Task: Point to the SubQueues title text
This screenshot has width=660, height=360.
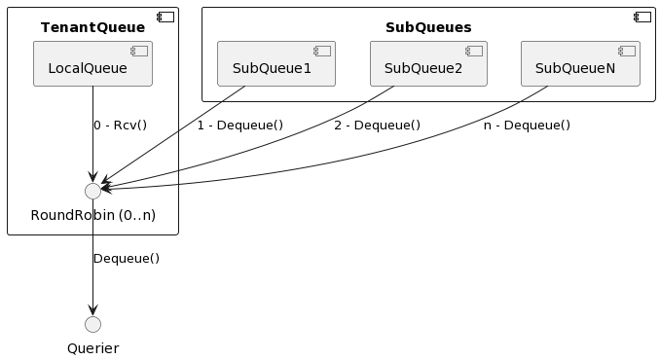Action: pyautogui.click(x=428, y=27)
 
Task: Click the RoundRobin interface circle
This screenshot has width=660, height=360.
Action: pyautogui.click(x=92, y=191)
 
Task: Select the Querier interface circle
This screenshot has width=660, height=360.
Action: pyautogui.click(x=92, y=324)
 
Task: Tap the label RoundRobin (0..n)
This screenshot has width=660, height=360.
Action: pyautogui.click(x=92, y=215)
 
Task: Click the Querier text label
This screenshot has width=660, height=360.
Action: pyautogui.click(x=92, y=348)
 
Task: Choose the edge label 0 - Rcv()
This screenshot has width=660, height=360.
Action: pyautogui.click(x=120, y=126)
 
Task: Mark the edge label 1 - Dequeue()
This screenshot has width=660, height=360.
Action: pyautogui.click(x=239, y=126)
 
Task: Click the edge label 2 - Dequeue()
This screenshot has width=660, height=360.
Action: pyautogui.click(x=377, y=126)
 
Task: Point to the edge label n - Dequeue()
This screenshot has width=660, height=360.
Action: pyautogui.click(x=527, y=126)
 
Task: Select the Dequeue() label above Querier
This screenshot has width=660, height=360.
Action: pyautogui.click(x=127, y=259)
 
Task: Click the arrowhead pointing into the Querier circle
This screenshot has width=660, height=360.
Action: pyautogui.click(x=92, y=310)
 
